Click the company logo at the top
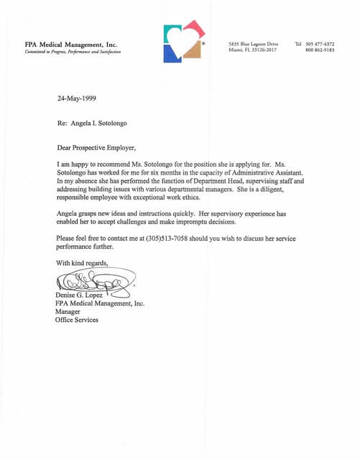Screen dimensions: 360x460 [x=184, y=42]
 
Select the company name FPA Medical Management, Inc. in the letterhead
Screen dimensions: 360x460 [x=70, y=45]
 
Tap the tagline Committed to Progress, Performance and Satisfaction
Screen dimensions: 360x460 [x=73, y=52]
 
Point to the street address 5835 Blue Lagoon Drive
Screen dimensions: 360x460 [x=253, y=44]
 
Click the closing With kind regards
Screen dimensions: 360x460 [x=82, y=262]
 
